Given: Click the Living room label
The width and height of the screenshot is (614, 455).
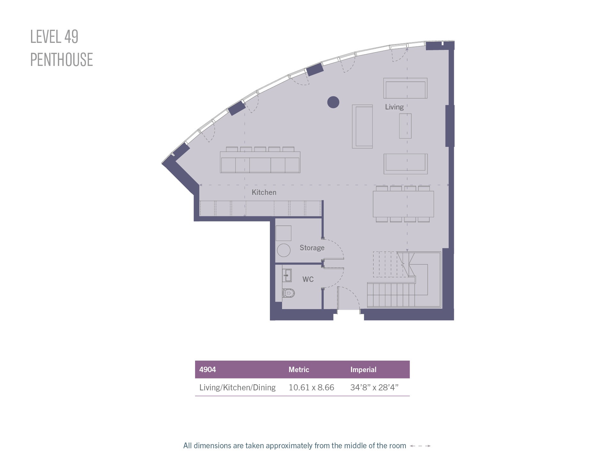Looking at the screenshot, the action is coord(394,107).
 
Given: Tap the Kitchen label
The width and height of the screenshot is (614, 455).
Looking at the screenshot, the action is coord(264,192).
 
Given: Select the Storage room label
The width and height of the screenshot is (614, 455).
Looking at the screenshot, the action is coord(312,248).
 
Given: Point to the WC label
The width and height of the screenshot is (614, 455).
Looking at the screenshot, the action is coord(308,279).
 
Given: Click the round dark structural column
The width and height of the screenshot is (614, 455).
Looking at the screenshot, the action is coord(333,102).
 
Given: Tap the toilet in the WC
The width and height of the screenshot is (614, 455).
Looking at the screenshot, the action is coord(288,293).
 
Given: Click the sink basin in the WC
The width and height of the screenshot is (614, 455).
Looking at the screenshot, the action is coord(287,275).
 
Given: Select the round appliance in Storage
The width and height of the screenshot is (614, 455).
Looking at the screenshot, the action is coord(284,250).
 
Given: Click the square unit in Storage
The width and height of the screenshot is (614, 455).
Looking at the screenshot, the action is coord(284,233).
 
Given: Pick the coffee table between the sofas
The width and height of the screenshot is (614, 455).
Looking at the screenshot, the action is coord(405,126).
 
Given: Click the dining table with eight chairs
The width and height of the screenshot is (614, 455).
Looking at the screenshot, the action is coord(403,204).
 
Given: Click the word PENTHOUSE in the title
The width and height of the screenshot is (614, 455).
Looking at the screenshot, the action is coord(61,60).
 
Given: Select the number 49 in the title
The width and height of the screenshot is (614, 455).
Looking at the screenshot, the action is coord(71,37).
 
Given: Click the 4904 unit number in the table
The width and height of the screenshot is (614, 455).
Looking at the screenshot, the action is coord(208,370).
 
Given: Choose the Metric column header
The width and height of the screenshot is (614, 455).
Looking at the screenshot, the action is coord(299,370).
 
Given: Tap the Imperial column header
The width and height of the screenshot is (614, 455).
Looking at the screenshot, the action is coord(363,370).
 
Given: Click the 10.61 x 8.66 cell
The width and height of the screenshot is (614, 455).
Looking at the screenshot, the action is coord(311,387).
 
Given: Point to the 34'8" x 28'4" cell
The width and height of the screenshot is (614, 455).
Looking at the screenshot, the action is coord(374,387).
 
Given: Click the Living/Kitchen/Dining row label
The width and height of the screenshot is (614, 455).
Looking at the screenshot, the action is coord(237,388).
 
